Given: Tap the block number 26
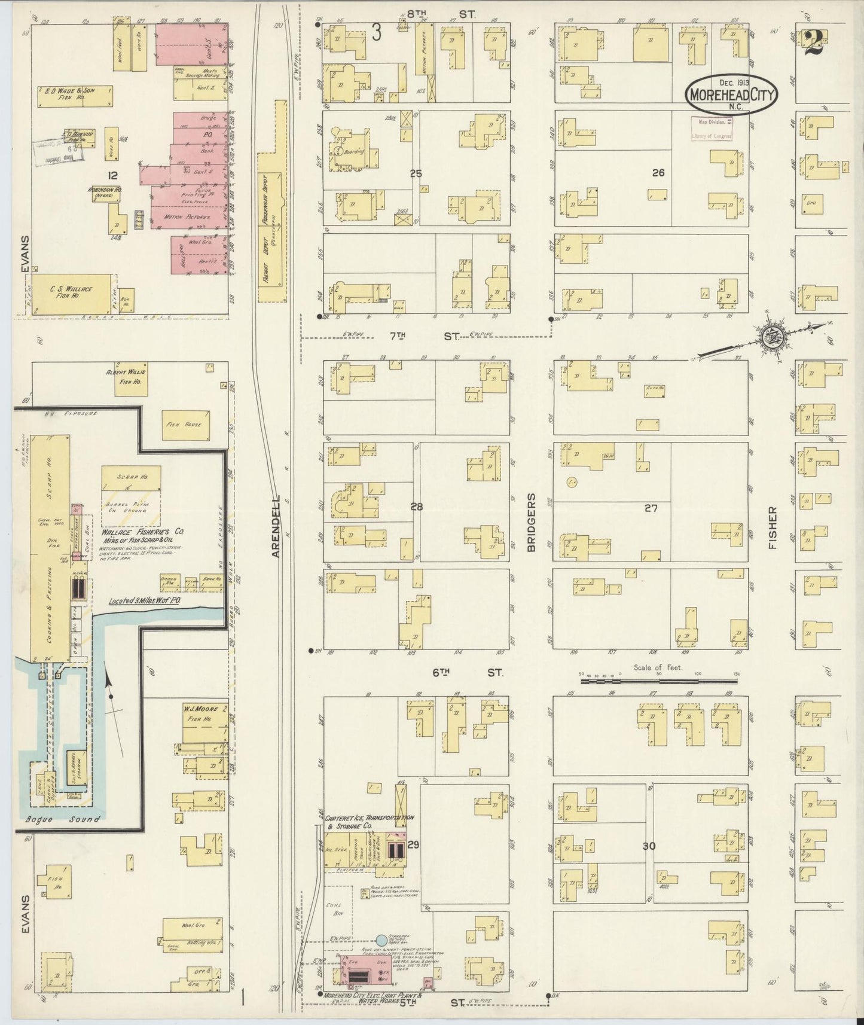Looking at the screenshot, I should click(658, 173).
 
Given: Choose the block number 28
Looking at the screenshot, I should click(416, 507).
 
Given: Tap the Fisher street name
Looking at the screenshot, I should click(772, 529).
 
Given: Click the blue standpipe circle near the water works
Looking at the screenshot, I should click(381, 940).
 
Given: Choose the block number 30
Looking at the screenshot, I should click(649, 846).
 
